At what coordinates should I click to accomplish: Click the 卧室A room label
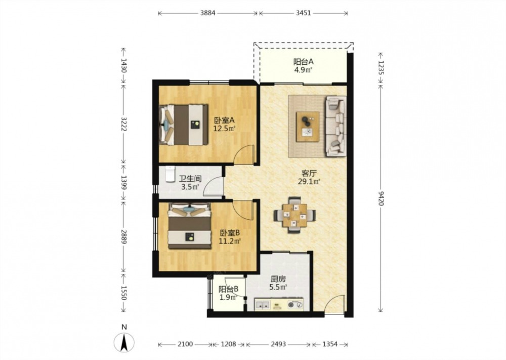(224, 121)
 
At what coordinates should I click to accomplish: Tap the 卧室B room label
(229, 233)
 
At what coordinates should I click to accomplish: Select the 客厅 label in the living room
(309, 173)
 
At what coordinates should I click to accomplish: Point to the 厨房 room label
(278, 279)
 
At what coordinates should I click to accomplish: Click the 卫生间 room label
(190, 179)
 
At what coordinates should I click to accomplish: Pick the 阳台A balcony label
(303, 61)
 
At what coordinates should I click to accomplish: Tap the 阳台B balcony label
(229, 289)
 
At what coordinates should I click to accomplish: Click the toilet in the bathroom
(170, 174)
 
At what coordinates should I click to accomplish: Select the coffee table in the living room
(308, 127)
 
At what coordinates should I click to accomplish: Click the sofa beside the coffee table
(336, 126)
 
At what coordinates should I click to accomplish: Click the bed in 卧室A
(184, 125)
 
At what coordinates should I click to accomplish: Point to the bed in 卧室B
(189, 226)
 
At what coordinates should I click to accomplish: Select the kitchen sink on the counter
(262, 304)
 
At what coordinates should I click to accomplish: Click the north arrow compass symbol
(124, 342)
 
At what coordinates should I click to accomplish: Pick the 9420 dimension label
(381, 198)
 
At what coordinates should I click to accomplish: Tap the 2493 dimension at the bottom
(278, 344)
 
